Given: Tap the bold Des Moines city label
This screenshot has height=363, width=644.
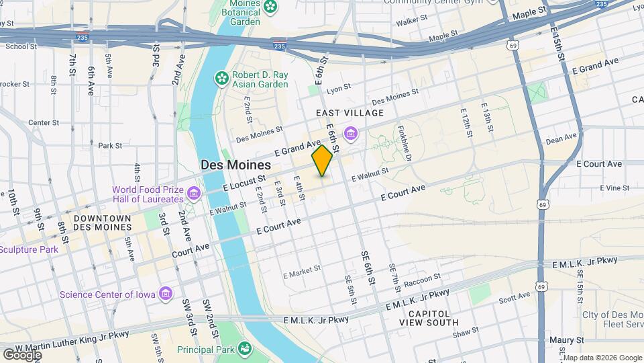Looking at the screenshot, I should click(235, 165).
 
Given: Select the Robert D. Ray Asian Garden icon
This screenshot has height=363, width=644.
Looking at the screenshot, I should click(222, 79).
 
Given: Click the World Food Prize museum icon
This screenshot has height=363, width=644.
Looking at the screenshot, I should click(195, 194).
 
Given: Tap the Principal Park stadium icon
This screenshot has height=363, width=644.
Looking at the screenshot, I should click(246, 349).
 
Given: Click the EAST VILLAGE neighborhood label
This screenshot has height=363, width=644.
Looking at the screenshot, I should click(350, 113).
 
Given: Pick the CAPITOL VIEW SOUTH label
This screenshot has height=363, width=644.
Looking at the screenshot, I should click(433, 318).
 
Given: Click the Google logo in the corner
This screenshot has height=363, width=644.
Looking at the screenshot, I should click(22, 354).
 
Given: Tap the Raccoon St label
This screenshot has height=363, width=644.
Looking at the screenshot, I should click(422, 277).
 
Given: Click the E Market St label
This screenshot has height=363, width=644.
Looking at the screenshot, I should click(303, 273).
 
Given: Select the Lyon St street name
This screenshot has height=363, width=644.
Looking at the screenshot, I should click(338, 87).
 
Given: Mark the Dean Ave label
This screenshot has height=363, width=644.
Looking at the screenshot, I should click(561, 139).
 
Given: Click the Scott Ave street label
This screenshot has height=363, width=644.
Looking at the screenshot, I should click(515, 297).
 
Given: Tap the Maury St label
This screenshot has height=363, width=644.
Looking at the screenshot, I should click(566, 340).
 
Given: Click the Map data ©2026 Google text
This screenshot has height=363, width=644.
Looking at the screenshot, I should click(602, 358).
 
